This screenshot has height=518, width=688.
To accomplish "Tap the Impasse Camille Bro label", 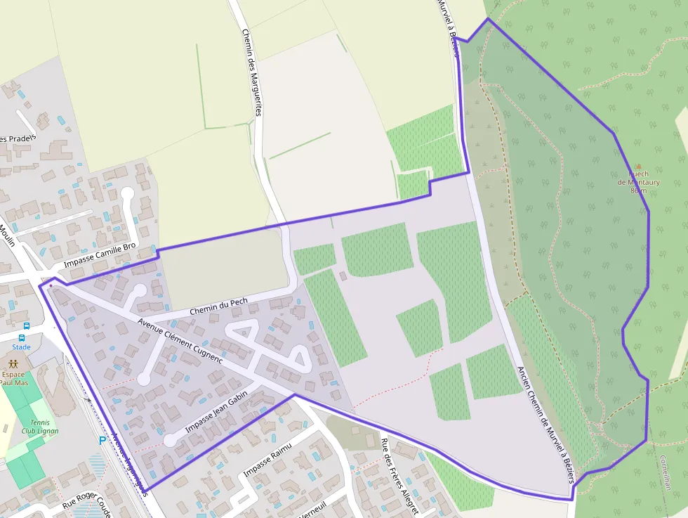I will coord(100,257).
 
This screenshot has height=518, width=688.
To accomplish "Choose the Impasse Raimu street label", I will coord(267,462).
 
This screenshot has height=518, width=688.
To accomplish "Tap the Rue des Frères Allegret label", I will coord(399,477).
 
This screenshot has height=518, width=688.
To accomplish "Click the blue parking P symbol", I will coord(102,441).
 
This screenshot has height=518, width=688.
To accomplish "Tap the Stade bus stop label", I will coord(21,347).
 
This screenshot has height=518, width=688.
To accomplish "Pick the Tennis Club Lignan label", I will coord(39,427).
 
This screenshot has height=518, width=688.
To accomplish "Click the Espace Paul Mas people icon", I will coord(13,363).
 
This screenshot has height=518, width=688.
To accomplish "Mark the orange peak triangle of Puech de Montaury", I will coord(638,167).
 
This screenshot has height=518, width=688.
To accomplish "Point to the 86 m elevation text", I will coord(638,190).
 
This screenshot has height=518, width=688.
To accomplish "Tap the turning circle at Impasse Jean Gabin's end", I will coord(169,441).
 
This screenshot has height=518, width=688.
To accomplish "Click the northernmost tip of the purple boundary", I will coord(488,18).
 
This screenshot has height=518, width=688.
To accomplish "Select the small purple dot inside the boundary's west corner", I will coord(51,286).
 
